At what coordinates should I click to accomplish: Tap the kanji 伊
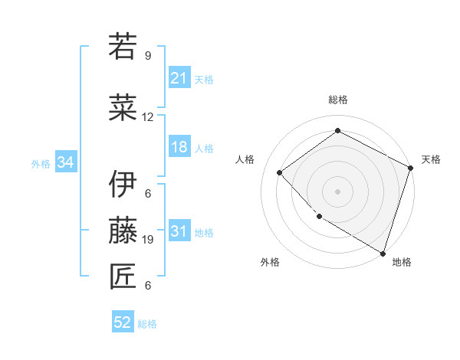[123, 184]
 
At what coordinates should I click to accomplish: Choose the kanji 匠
[123, 276]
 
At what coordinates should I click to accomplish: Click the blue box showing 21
[179, 78]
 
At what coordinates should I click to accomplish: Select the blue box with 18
[179, 148]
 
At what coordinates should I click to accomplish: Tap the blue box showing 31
[179, 232]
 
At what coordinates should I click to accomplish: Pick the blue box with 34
[65, 162]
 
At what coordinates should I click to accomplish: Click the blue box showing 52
[123, 323]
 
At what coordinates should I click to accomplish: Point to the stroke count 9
[148, 56]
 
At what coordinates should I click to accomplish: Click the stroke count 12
[148, 117]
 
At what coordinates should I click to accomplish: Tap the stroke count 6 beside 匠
[148, 286]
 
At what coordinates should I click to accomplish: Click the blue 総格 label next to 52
[147, 324]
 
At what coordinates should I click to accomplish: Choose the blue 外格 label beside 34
[41, 163]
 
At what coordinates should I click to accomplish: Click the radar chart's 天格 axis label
[431, 159]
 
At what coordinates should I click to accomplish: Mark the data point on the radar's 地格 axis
[383, 252]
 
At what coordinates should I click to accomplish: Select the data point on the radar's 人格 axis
[280, 172]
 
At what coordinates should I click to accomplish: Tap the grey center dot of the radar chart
[337, 191]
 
